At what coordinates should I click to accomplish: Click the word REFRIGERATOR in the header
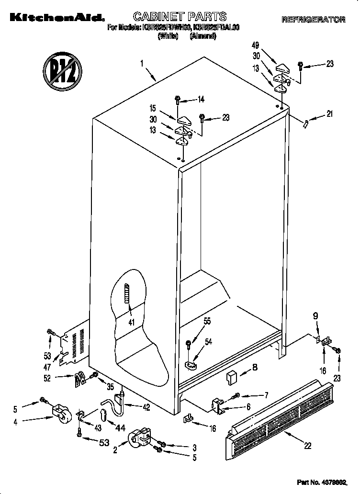pyautogui.click(x=313, y=20)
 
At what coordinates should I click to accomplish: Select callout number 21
pyautogui.click(x=329, y=114)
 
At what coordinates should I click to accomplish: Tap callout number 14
pyautogui.click(x=201, y=100)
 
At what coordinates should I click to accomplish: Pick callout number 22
pyautogui.click(x=307, y=446)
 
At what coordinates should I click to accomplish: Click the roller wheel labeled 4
pyautogui.click(x=60, y=413)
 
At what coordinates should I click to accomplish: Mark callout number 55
pyautogui.click(x=207, y=322)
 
